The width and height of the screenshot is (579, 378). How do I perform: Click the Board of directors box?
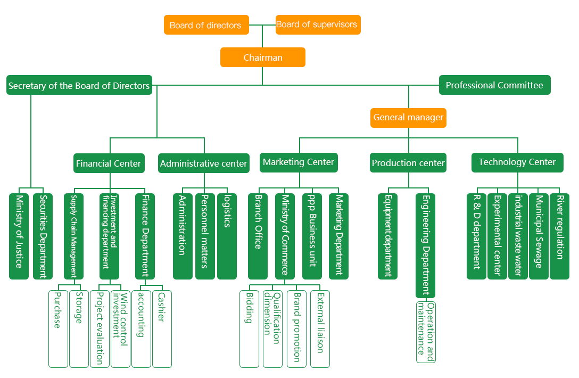(206, 25)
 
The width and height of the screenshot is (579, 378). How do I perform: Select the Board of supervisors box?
(318, 24)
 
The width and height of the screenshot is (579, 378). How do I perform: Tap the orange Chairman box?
(263, 57)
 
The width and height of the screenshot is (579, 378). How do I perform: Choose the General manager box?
(408, 118)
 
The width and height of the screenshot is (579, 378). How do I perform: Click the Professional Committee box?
(494, 85)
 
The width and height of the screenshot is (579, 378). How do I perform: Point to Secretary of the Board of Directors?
(79, 85)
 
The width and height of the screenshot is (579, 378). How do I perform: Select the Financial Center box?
(109, 163)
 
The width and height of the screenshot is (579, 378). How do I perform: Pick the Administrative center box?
(204, 163)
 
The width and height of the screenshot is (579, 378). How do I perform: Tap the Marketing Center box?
(299, 162)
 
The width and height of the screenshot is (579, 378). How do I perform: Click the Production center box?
(408, 163)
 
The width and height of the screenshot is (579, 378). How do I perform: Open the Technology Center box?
(517, 162)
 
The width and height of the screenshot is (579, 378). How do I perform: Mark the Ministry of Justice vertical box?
(19, 236)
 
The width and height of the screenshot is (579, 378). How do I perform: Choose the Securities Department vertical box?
(43, 236)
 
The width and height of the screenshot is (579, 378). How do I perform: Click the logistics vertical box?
(227, 236)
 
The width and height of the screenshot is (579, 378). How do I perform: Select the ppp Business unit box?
(312, 236)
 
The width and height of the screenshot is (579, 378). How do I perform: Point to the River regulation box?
(559, 236)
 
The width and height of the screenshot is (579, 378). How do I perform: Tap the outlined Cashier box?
(162, 328)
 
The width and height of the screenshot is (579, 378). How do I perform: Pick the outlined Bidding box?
(249, 328)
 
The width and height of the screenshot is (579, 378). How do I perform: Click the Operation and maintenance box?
(425, 332)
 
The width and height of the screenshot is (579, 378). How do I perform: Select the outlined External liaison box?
(320, 328)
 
